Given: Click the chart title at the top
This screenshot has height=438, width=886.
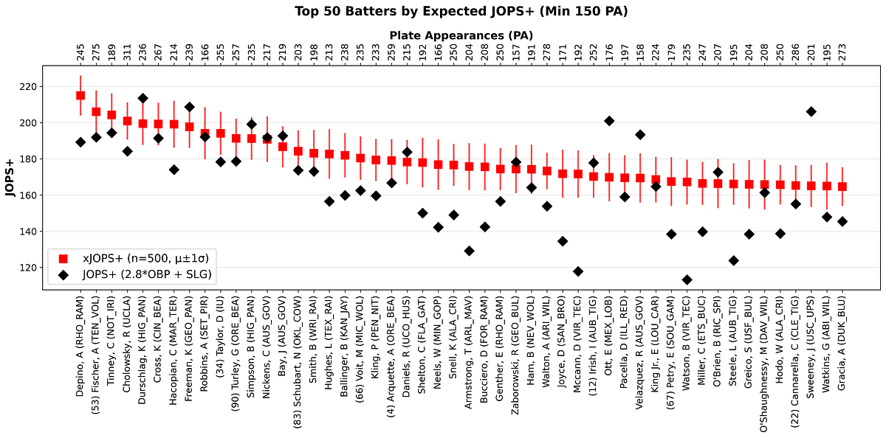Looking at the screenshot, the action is click(x=461, y=11).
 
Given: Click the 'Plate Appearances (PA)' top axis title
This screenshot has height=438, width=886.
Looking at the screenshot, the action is click(x=461, y=35).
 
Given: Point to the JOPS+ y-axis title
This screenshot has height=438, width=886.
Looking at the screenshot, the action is click(x=10, y=178).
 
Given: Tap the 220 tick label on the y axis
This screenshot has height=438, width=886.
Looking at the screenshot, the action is click(x=28, y=86).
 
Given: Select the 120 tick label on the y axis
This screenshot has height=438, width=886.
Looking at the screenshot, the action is click(x=28, y=268).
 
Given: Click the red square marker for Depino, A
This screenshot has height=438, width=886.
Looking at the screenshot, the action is click(x=80, y=96).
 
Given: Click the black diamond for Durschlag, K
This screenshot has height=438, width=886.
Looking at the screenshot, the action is click(x=142, y=98).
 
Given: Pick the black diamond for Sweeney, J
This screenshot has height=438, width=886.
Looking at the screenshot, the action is click(x=811, y=112).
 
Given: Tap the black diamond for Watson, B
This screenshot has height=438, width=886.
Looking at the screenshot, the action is click(x=687, y=280).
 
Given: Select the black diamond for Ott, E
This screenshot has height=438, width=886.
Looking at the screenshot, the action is click(x=609, y=121).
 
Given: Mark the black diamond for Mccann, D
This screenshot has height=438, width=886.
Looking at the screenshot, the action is click(x=578, y=271).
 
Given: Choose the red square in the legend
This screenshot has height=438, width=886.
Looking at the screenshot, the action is click(x=63, y=259).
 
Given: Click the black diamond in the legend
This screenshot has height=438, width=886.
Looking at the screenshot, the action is click(x=63, y=274).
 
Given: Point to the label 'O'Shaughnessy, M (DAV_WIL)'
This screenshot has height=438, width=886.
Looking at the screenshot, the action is click(x=764, y=365).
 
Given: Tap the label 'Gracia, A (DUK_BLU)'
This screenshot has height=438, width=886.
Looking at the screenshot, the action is click(x=842, y=344).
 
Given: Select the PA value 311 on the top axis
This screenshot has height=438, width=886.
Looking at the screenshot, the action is click(x=127, y=52).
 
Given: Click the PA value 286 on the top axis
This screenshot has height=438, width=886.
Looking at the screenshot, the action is click(x=795, y=52).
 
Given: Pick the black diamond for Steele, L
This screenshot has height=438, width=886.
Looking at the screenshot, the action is click(x=734, y=261).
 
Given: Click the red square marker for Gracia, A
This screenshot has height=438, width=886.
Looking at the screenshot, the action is click(x=842, y=187).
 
